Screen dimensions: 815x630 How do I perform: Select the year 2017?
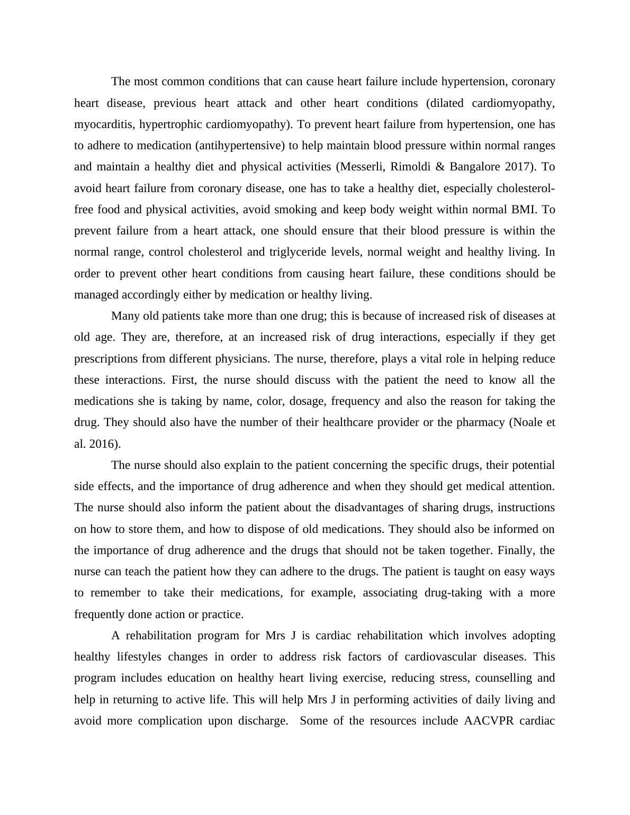[519, 167]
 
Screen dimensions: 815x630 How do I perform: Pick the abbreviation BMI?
[524, 210]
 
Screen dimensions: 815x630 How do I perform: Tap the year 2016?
[104, 444]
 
